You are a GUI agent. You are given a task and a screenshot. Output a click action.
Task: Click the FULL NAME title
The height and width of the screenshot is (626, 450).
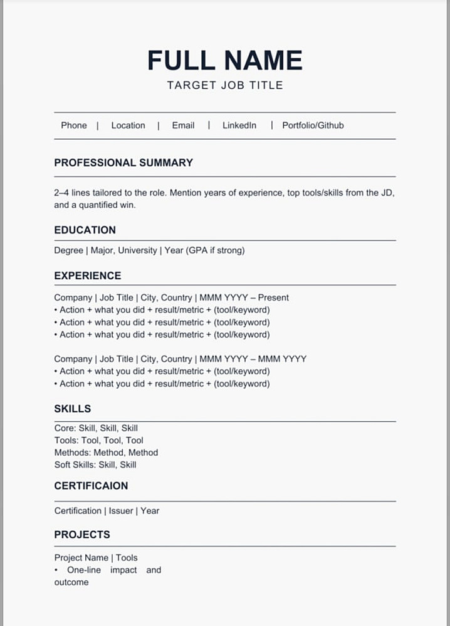[225, 61]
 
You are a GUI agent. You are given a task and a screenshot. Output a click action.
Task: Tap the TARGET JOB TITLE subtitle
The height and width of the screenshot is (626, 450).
[225, 85]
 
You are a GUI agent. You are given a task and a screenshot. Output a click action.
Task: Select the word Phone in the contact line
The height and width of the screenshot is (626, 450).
[74, 125]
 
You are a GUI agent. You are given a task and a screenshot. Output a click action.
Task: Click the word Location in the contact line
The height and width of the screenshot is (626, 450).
[128, 125]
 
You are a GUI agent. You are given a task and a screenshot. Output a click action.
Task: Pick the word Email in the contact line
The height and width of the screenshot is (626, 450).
[183, 125]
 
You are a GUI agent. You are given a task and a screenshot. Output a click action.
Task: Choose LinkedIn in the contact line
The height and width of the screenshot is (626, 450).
[239, 125]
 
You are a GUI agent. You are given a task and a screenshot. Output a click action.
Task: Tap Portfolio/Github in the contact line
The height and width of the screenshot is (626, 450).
[313, 125]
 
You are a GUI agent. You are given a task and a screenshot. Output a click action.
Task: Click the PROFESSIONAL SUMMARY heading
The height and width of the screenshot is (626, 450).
[123, 163]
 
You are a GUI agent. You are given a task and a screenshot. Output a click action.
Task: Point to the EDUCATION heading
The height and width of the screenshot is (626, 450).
[85, 230]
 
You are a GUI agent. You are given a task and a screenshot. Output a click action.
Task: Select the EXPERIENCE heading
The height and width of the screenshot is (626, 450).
[88, 275]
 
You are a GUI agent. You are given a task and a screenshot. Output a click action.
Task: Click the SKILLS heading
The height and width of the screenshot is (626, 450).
[73, 409]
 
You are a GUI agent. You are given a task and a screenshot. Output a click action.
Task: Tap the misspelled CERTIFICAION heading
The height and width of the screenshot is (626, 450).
[91, 486]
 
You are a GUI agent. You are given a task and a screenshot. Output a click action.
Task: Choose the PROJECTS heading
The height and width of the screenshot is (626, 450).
[82, 535]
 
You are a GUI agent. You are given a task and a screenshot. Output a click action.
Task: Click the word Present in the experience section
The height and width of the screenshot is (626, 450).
[273, 298]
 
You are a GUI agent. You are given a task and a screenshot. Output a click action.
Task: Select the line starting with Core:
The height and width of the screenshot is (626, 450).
[96, 428]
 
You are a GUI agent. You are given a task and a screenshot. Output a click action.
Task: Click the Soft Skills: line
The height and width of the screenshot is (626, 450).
[95, 464]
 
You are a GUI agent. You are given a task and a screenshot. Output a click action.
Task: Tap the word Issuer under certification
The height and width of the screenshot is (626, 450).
[121, 511]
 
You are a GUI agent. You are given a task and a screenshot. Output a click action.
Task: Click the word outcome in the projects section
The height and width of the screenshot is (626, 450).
[71, 582]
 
